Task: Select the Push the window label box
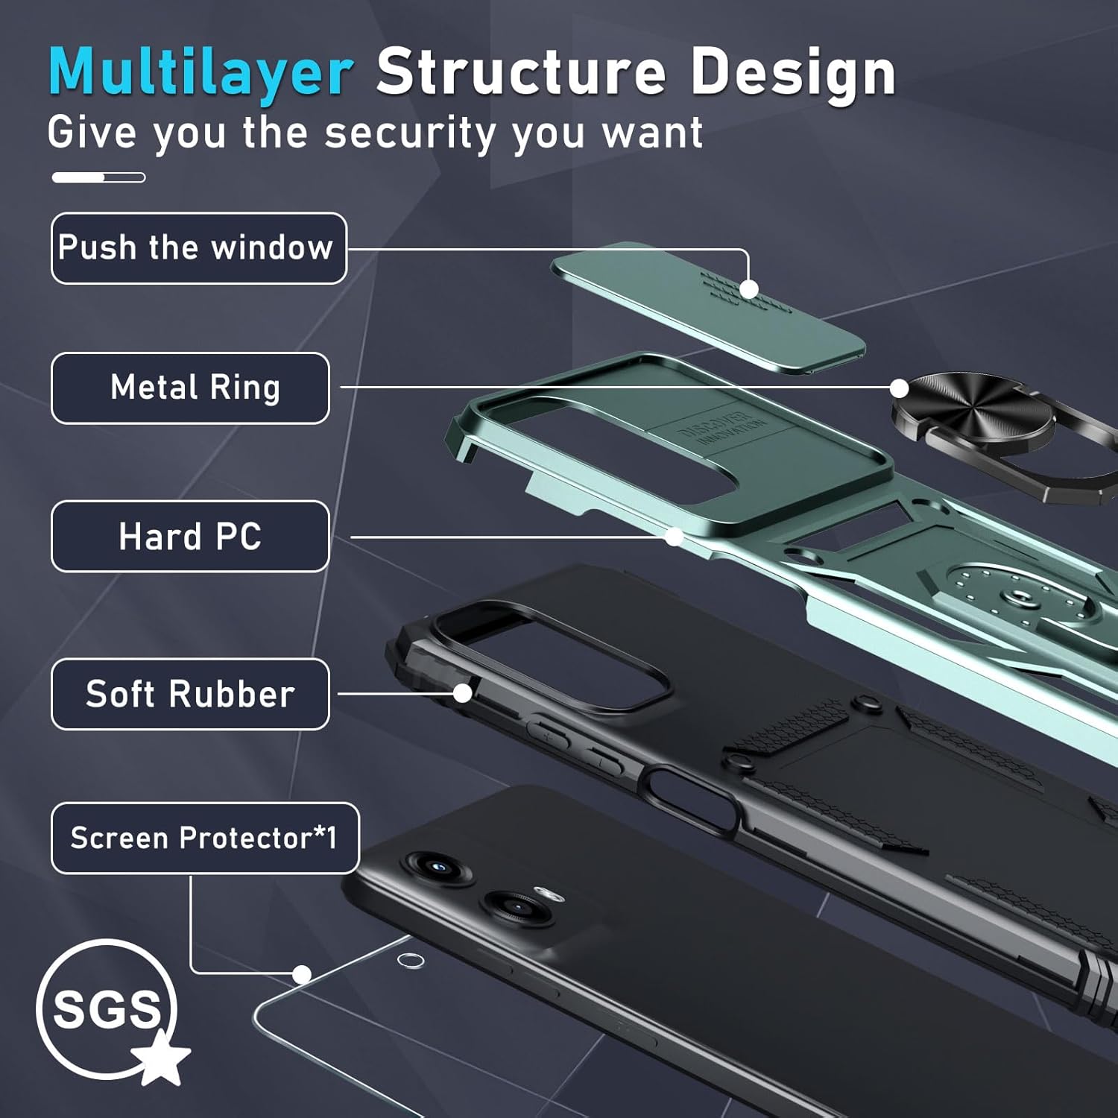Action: (198, 248)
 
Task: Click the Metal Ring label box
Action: (190, 388)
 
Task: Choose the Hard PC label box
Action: (190, 537)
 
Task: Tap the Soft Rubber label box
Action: (190, 694)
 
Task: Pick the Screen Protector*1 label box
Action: (205, 838)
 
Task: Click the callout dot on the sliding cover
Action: (749, 289)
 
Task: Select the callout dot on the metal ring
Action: (900, 388)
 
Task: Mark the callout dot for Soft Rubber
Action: (463, 693)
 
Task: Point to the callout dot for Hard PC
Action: (675, 537)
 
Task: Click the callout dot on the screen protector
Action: (302, 974)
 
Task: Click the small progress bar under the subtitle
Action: (98, 177)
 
